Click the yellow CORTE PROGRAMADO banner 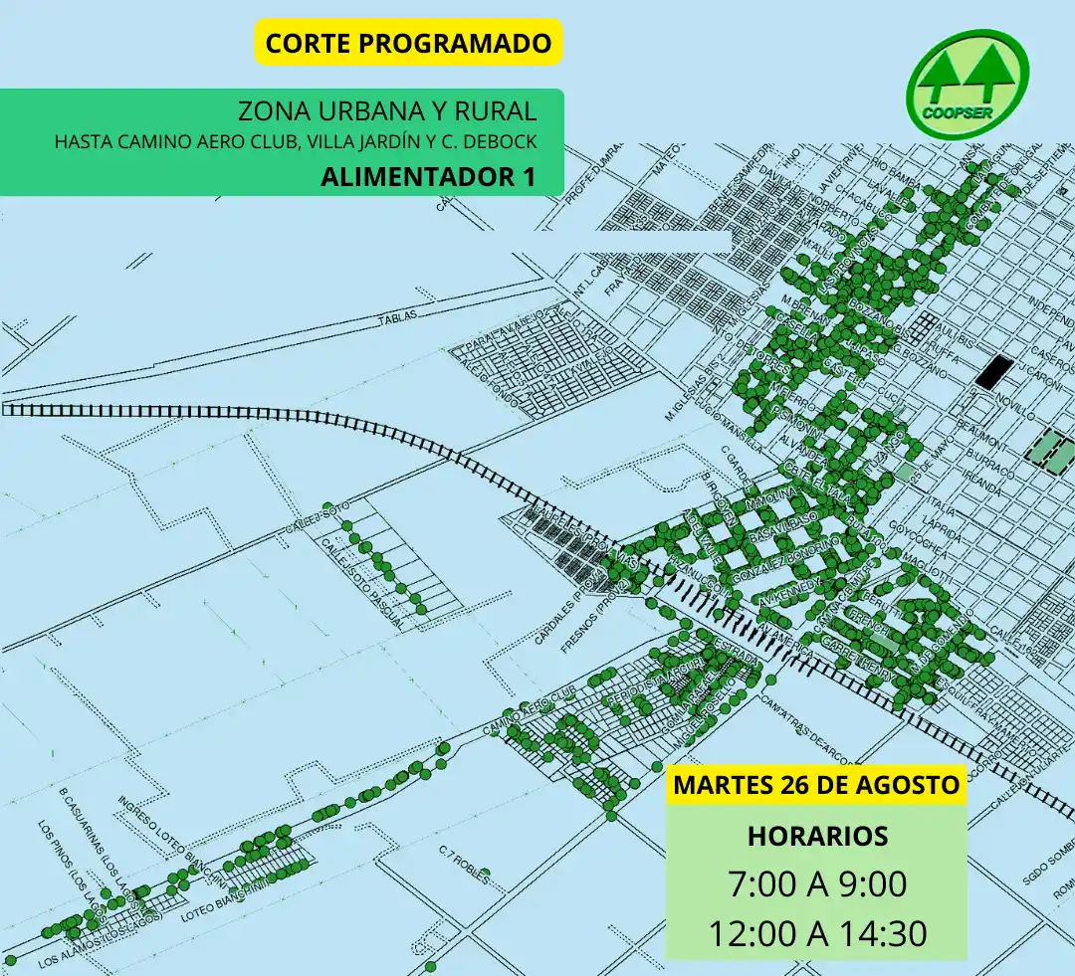coord(408,44)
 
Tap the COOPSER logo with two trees coord(967,81)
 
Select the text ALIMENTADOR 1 coord(428,176)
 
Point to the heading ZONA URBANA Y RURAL coord(387,110)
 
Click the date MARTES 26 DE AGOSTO coord(817,784)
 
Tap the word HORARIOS coord(817,836)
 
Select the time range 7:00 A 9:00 coord(817,883)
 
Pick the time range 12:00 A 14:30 coord(817,934)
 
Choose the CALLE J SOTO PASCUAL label coord(364,581)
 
